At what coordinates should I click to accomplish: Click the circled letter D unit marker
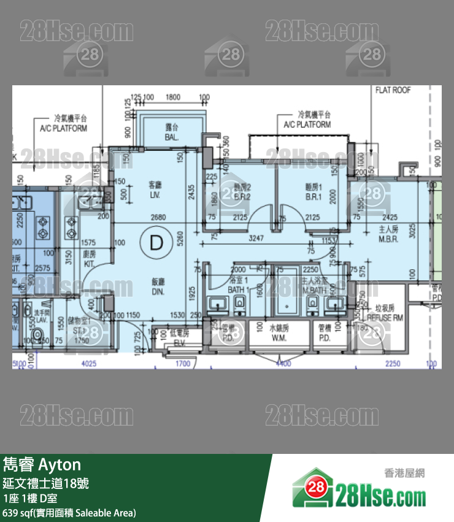tap(156, 242)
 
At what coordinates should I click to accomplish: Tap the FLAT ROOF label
tap(393, 90)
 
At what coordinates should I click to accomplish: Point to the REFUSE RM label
tap(385, 319)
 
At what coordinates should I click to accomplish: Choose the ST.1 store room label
tap(80, 340)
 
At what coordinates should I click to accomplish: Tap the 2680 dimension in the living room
tap(158, 217)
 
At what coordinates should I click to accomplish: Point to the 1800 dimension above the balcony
tap(173, 97)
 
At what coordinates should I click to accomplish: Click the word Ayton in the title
tap(60, 464)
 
